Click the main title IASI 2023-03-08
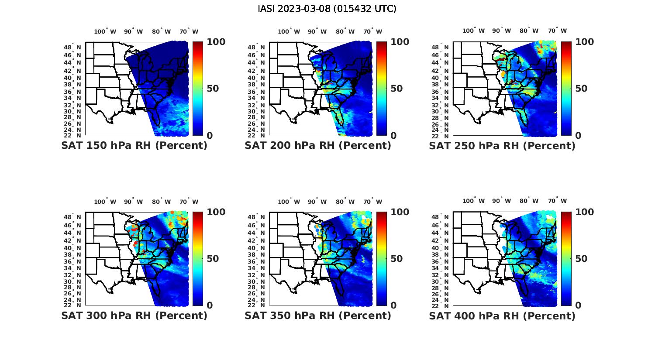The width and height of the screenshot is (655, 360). [327, 9]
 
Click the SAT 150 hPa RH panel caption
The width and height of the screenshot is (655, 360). [134, 146]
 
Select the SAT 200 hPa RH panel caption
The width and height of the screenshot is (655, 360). [318, 146]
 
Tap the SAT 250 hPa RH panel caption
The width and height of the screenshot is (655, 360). [502, 146]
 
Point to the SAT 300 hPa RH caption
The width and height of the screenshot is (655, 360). [134, 315]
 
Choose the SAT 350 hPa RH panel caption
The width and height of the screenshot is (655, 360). [318, 315]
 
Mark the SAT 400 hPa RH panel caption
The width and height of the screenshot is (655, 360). [502, 315]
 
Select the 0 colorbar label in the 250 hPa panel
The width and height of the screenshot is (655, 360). [578, 136]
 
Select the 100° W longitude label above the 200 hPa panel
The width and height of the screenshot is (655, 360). [289, 31]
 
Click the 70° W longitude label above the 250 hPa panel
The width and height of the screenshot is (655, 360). [557, 31]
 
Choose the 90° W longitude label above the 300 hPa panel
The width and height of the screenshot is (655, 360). [133, 202]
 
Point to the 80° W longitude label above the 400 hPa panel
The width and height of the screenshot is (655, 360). [529, 201]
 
